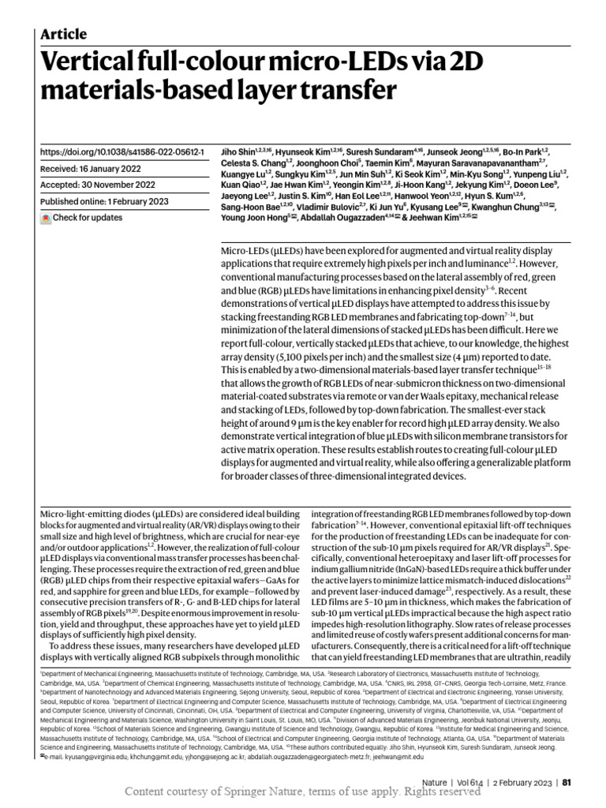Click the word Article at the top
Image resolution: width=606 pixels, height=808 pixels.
[63, 34]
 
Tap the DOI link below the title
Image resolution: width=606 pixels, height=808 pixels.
[122, 151]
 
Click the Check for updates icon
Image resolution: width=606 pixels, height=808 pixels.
[46, 218]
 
